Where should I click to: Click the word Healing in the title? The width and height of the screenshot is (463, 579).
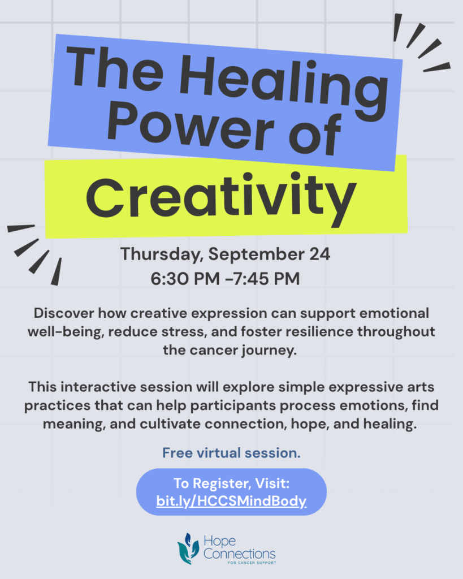(284, 87)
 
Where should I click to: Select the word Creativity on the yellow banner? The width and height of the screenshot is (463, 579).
(221, 200)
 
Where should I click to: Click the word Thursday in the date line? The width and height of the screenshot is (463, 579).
(162, 254)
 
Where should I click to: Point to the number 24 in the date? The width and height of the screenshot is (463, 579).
(320, 254)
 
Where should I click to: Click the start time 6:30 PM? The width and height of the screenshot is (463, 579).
(185, 279)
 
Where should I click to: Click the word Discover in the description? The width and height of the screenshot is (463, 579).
(64, 313)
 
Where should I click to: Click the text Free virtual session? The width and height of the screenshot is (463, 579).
(232, 453)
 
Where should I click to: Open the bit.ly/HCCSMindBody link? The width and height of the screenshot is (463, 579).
(232, 501)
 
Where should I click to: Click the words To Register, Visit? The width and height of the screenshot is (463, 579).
(232, 483)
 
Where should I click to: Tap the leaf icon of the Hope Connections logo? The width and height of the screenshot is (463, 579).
(188, 548)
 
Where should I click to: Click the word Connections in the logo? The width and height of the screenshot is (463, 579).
(239, 554)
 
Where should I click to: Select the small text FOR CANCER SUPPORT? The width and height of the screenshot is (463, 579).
(252, 563)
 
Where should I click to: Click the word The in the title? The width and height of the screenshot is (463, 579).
(115, 68)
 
